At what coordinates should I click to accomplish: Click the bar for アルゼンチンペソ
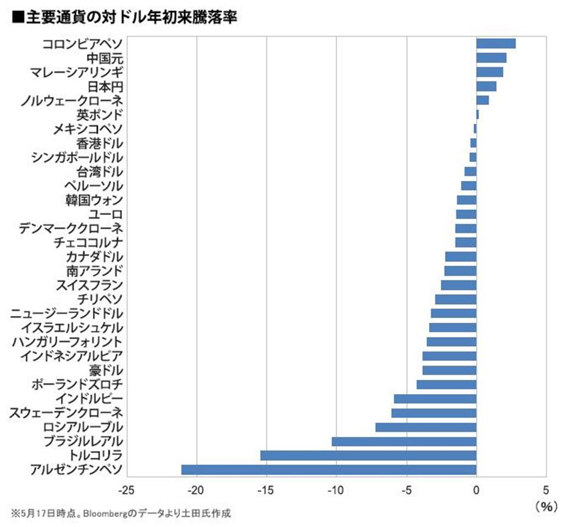point(329,469)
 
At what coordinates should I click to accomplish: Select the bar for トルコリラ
point(368,455)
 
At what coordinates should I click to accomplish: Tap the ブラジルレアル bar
point(404,441)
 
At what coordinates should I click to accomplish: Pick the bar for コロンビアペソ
point(496,44)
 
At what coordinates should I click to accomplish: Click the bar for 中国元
point(491,58)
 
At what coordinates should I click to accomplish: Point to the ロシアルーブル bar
point(426,427)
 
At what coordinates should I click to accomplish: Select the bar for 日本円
point(486,86)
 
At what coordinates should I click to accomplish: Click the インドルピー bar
point(435,398)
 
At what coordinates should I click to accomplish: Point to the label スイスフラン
point(89,285)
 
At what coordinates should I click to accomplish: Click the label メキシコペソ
point(88,129)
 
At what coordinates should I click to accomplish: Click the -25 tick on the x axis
point(126,490)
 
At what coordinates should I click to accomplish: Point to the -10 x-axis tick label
point(336,490)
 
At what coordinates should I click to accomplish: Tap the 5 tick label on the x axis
point(546,490)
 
